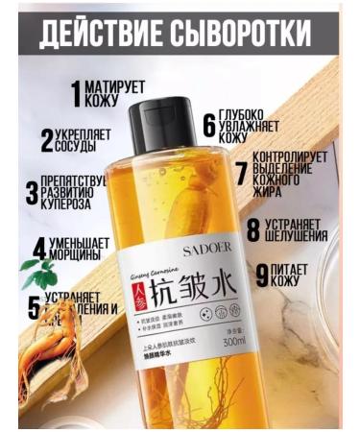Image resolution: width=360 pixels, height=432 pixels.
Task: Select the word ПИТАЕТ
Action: pyautogui.click(x=298, y=273)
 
